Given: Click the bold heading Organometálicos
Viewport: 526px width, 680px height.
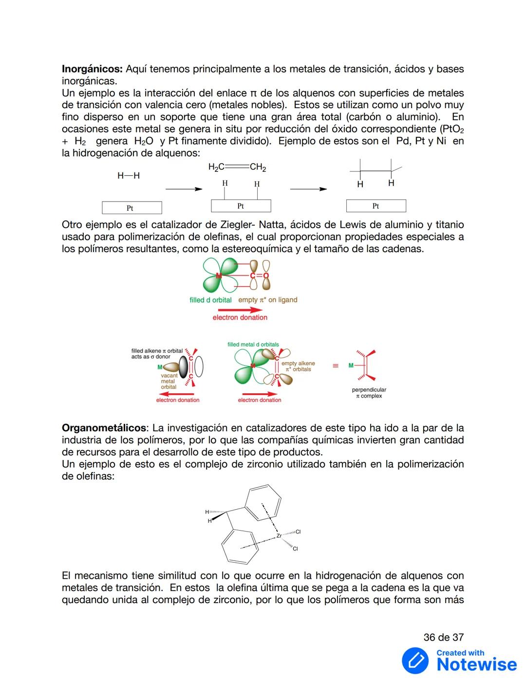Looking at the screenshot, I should pyautogui.click(x=104, y=428).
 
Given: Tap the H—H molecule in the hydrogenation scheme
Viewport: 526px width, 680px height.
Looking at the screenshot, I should pyautogui.click(x=129, y=176).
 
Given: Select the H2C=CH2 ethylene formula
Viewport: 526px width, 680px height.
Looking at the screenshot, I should pyautogui.click(x=237, y=167).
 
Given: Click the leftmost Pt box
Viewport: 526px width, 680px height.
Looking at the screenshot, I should pyautogui.click(x=131, y=208).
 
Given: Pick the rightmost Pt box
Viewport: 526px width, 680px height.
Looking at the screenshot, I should pyautogui.click(x=376, y=206).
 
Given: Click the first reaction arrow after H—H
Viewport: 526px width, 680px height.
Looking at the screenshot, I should pyautogui.click(x=184, y=189).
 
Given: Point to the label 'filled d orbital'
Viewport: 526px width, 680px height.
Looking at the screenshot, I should pyautogui.click(x=210, y=300).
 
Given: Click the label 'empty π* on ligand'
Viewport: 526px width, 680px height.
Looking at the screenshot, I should pyautogui.click(x=267, y=300).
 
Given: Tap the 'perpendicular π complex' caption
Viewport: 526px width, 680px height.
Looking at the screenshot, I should pyautogui.click(x=369, y=393).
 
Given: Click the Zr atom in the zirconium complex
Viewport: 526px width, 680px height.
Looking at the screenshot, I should pyautogui.click(x=279, y=536).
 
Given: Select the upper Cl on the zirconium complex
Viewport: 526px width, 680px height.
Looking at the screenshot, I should pyautogui.click(x=298, y=532).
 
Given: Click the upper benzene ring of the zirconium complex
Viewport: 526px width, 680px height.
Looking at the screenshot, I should pyautogui.click(x=263, y=502).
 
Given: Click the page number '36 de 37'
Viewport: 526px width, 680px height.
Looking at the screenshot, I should pyautogui.click(x=443, y=637).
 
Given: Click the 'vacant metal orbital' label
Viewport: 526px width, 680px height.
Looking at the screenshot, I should pyautogui.click(x=168, y=381).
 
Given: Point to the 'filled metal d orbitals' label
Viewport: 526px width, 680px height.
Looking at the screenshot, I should pyautogui.click(x=253, y=345).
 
